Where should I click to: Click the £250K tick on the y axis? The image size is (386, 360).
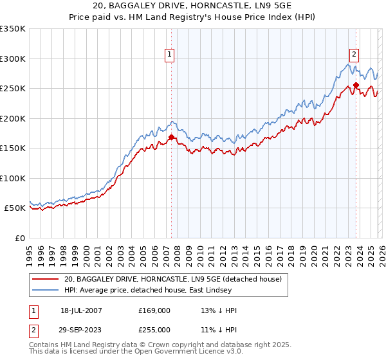coord(13,89)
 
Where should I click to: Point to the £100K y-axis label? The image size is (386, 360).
coord(13,178)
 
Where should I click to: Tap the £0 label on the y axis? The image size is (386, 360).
coord(19,238)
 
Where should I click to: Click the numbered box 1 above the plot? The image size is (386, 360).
coord(170,55)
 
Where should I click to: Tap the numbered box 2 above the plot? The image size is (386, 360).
coord(354,55)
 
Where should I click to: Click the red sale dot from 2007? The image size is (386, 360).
coord(171,137)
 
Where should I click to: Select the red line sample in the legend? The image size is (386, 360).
coord(46,280)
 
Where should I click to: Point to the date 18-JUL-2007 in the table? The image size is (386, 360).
coord(81,310)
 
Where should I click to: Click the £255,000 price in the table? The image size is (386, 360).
coord(154,330)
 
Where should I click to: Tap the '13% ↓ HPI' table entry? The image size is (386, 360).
coord(219,310)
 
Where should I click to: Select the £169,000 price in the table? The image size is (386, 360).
coord(154,310)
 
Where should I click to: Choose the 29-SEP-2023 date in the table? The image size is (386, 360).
coord(81,330)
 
